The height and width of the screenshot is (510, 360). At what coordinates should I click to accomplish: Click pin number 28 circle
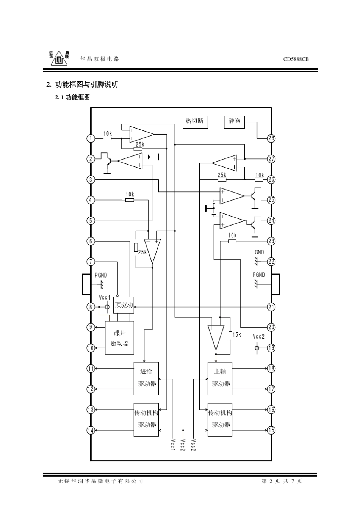271,138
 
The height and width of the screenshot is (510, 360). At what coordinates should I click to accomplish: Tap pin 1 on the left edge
91,138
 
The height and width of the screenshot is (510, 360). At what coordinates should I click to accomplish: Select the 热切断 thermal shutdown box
195,122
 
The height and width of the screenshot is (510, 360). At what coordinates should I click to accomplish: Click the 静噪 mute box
234,122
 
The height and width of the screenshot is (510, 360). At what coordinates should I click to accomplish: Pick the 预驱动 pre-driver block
124,305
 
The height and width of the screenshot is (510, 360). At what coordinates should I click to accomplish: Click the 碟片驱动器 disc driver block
119,337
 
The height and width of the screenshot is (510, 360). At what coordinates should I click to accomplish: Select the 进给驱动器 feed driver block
146,379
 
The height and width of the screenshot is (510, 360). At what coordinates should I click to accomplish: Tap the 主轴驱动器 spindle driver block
220,379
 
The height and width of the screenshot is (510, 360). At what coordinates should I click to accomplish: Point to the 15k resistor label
237,334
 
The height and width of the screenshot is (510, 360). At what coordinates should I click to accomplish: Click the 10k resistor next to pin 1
107,138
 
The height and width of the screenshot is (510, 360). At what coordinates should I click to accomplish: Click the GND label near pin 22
259,252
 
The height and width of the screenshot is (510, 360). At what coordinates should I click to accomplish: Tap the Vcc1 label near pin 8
105,298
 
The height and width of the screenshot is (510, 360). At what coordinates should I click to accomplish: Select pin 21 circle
271,307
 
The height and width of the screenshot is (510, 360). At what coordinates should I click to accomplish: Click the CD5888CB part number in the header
296,59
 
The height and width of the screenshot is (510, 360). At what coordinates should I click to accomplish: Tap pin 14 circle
91,430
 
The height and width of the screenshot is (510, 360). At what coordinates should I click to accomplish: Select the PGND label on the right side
259,275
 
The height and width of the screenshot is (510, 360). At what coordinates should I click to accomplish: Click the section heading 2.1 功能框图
72,97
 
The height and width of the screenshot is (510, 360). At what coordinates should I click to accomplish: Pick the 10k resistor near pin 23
232,241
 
